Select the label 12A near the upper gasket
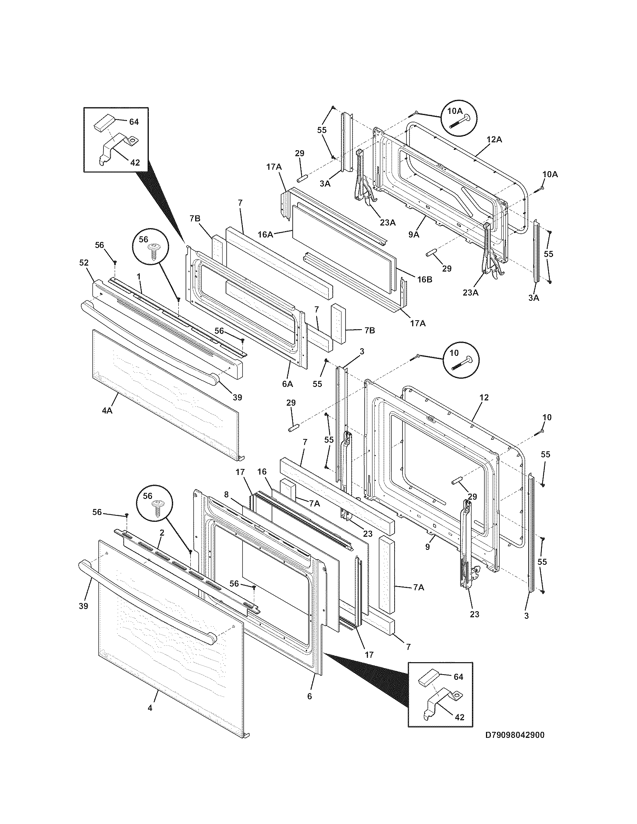click(494, 140)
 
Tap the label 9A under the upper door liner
click(414, 235)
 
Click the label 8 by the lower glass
click(226, 494)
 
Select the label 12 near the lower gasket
click(484, 397)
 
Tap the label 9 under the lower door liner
click(427, 546)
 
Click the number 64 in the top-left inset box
click(134, 121)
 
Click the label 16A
click(265, 235)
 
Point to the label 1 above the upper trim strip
click(139, 276)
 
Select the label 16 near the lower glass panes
click(262, 472)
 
